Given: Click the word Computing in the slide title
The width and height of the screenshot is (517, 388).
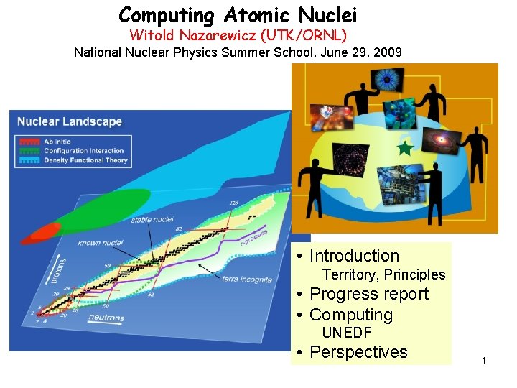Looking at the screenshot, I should tap(167, 14).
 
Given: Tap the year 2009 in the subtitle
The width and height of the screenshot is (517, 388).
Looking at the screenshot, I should tap(388, 52).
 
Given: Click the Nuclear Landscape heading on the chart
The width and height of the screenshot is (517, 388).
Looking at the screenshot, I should tap(70, 121).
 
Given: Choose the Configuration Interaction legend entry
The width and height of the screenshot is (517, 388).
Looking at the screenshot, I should tap(83, 151).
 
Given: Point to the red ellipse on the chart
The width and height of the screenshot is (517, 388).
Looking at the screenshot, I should tap(45, 231).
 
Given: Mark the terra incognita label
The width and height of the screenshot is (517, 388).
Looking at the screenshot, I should tap(246, 279).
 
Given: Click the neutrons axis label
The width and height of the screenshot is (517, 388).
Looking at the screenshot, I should tap(106, 318).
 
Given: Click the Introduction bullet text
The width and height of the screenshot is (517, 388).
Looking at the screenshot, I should tap(353, 256).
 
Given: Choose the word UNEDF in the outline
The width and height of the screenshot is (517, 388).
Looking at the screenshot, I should tap(347, 333).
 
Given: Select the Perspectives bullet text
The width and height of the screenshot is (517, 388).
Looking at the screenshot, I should tap(358, 352).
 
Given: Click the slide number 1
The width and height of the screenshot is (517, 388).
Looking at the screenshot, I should tap(484, 360).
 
